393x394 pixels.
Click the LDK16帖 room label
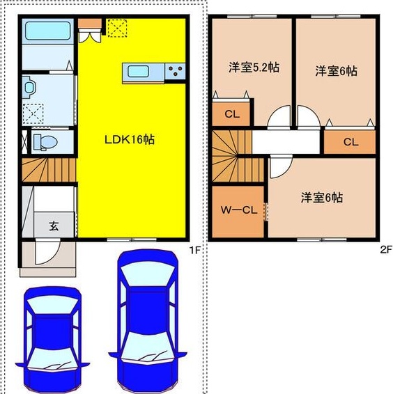point(129,139)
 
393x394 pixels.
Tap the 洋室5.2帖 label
point(254,68)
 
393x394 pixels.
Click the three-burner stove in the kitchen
point(174,71)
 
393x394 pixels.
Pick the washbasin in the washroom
point(29,88)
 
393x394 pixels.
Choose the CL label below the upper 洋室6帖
point(350,142)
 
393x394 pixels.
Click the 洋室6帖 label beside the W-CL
point(321,198)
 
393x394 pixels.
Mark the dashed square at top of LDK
point(117,28)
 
